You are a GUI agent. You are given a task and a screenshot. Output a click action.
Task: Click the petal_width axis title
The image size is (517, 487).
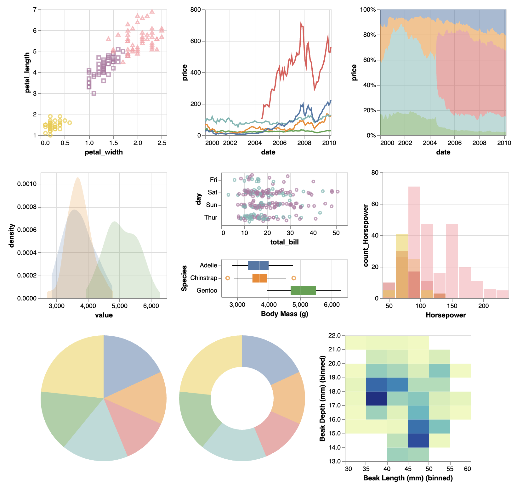click(104, 152)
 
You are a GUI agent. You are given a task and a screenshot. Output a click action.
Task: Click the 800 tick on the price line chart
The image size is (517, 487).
click(196, 10)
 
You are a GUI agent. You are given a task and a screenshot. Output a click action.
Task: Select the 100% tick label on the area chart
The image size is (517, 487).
click(368, 10)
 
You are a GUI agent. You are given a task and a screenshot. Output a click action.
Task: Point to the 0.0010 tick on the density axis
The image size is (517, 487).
click(27, 184)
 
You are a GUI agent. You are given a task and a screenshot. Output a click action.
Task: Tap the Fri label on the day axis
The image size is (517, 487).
click(213, 180)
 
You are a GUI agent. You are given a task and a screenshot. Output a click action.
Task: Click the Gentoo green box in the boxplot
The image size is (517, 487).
click(303, 291)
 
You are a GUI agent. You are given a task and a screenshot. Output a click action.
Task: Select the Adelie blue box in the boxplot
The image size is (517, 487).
click(258, 266)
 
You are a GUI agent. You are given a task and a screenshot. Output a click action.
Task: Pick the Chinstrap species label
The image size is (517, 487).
click(204, 278)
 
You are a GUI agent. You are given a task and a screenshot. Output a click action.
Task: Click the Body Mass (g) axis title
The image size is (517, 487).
click(284, 314)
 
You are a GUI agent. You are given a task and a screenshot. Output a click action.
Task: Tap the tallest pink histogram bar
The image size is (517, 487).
click(414, 242)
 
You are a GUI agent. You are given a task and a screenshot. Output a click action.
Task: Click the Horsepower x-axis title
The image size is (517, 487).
click(446, 315)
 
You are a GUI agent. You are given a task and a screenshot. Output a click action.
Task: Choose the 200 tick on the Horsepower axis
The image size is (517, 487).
click(483, 306)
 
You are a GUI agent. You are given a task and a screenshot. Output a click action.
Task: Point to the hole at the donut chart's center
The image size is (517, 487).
click(242, 398)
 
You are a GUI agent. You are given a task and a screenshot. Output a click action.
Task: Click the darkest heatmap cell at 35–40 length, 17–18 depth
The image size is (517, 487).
click(377, 399)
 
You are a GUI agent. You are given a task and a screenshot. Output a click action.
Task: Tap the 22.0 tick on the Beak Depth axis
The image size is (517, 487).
click(334, 336)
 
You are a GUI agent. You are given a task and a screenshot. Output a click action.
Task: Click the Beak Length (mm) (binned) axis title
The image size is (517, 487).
click(408, 478)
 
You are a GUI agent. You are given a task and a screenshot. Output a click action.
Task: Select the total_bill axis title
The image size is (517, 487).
click(284, 242)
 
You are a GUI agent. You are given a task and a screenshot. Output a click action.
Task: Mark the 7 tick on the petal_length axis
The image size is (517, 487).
click(35, 10)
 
